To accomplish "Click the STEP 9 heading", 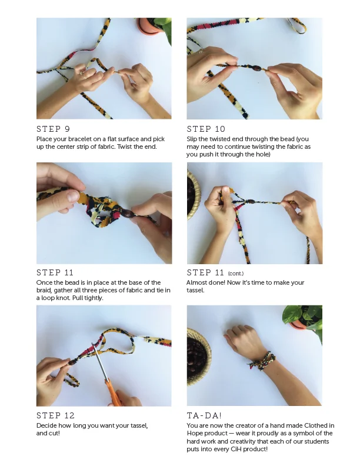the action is point(53,129).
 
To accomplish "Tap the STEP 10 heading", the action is point(206,129).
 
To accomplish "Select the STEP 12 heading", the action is point(55,415).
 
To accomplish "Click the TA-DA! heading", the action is point(204,415).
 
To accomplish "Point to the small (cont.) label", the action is point(235,274).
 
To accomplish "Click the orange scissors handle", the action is point(114,393).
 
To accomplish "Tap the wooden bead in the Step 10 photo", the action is point(256,68).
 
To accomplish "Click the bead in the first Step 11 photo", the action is point(127,214).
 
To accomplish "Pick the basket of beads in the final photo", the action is point(198,357).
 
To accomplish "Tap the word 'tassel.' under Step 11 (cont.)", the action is point(195,290).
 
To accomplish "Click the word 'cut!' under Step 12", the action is point(54,433).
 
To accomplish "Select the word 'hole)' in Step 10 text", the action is point(262,154).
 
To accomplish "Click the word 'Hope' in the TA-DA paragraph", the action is point(195,434).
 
